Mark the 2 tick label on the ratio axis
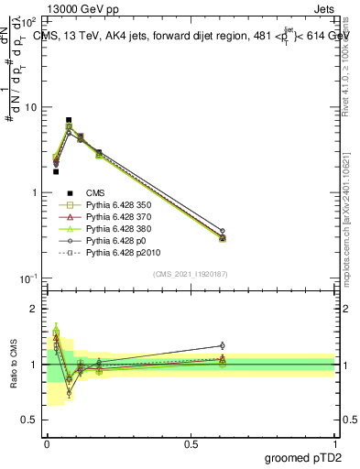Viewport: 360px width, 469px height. click(34, 309)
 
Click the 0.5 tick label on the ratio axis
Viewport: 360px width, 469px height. click(29, 420)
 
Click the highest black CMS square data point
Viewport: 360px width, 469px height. click(69, 120)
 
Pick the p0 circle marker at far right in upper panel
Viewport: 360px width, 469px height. click(223, 231)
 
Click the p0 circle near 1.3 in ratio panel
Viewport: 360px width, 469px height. click(223, 345)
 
